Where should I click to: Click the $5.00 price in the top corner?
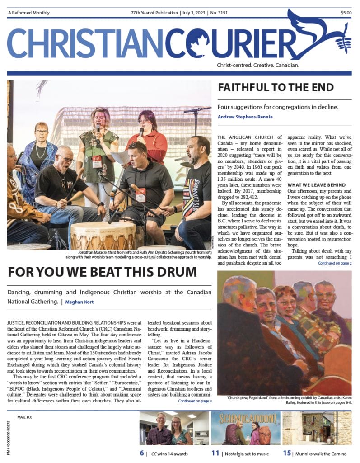(x=346, y=13)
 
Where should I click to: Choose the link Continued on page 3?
(x=195, y=401)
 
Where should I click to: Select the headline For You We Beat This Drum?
(x=102, y=272)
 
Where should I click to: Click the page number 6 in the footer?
(x=142, y=453)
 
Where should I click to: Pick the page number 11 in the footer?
(x=215, y=453)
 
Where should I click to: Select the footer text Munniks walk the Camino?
(x=321, y=454)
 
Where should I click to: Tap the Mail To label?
(x=24, y=416)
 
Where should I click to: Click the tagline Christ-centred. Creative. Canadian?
(x=258, y=66)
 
